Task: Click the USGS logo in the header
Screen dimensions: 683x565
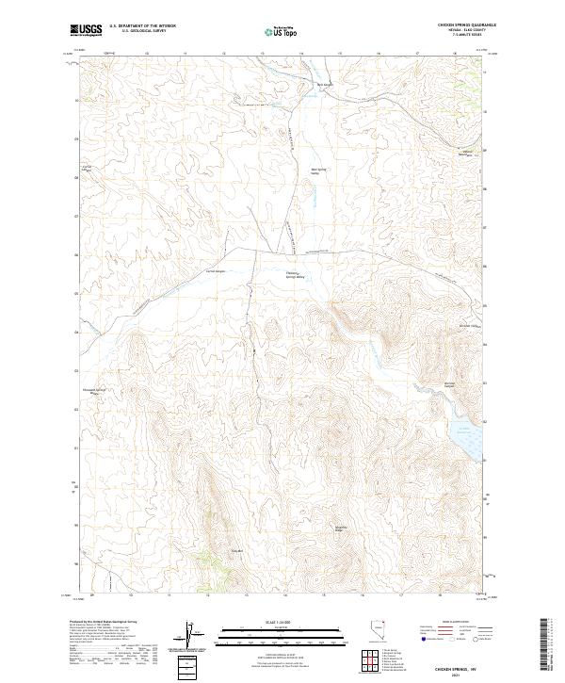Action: (86, 29)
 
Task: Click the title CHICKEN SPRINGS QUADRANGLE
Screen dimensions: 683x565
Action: (459, 24)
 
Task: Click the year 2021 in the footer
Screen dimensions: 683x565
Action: (458, 674)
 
